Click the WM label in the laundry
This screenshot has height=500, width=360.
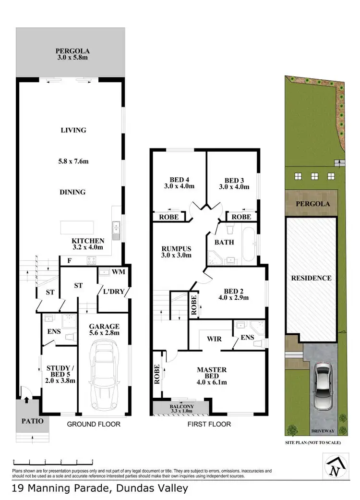[x=118, y=272]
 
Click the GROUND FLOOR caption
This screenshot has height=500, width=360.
[x=94, y=424]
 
